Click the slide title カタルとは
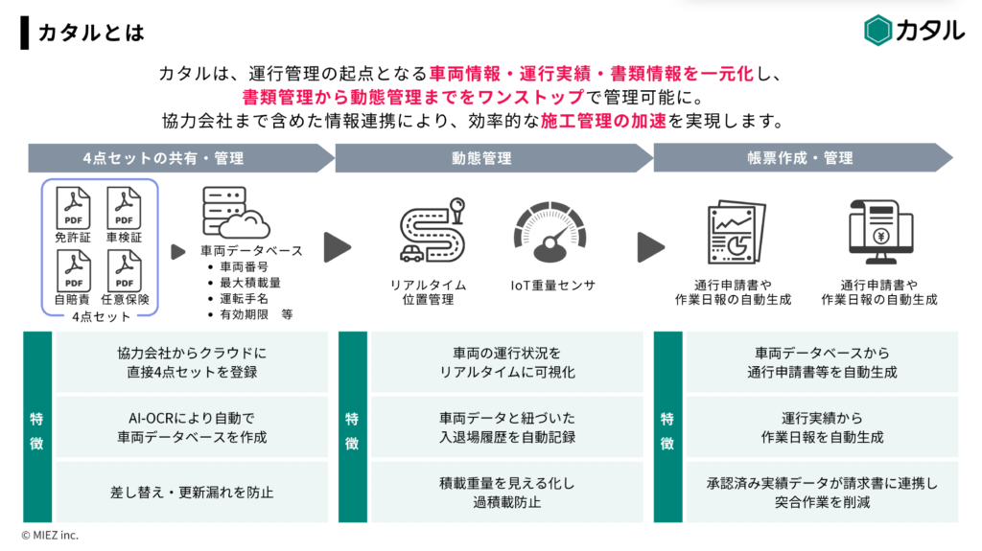pos(91,33)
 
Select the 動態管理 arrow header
pos(482,158)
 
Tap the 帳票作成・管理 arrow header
pos(800,158)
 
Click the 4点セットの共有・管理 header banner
pos(163,158)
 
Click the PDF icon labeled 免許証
pos(73,205)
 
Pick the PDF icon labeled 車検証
pos(125,205)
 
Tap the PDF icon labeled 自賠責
pos(73,270)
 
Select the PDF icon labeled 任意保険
pos(125,270)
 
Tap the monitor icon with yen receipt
pos(878,233)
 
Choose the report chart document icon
pos(733,233)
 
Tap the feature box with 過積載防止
pos(507,493)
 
